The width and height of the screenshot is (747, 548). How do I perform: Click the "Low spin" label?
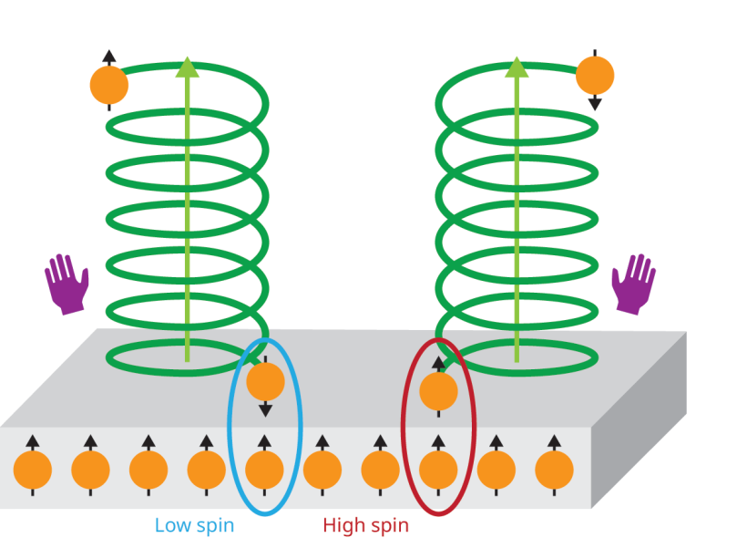coord(194,525)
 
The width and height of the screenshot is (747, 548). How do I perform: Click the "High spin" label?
coord(365,525)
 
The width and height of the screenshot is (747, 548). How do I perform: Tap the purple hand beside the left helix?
coord(67,284)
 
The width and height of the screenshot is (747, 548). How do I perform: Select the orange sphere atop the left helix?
coord(109,85)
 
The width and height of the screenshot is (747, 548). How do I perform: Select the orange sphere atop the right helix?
coord(595,75)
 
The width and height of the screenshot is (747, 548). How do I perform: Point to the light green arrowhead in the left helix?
coord(188,67)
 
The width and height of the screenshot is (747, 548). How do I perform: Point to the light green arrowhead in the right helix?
coord(517,67)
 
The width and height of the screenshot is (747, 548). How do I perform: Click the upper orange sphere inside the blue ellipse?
coord(265,381)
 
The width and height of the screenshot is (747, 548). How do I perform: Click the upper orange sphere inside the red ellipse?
coord(438,391)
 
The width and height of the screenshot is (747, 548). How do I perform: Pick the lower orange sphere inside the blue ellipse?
coord(265,470)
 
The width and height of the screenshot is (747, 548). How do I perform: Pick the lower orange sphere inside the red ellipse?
coord(438,470)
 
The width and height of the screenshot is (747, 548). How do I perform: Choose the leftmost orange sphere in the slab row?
coord(33,470)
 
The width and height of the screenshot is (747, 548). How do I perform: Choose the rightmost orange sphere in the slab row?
coord(554,470)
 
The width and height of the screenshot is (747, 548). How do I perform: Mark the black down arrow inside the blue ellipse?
coord(265,409)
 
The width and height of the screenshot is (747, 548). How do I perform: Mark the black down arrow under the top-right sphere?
coord(595,103)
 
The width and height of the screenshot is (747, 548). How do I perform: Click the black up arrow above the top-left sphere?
coord(109,57)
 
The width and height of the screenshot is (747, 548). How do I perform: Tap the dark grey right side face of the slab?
coord(638,429)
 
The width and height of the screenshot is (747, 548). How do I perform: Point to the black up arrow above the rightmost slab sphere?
coord(554,442)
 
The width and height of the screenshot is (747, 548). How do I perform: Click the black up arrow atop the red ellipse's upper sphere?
coord(438,364)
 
